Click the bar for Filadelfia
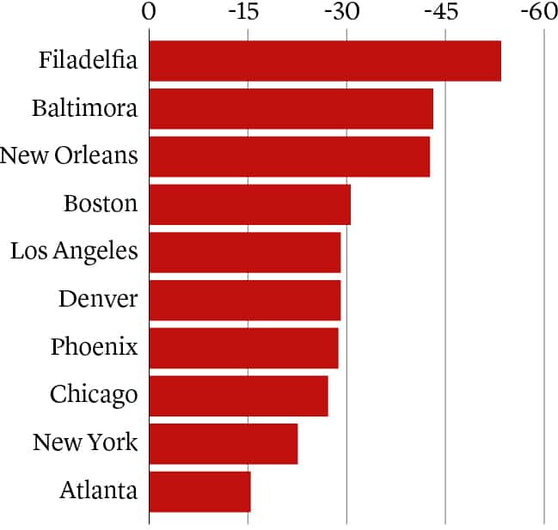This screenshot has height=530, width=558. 325,61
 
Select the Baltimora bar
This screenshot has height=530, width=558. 291,109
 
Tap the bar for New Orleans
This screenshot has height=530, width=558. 289,156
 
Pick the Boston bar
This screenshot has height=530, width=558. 249,204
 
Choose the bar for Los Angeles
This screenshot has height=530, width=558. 244,252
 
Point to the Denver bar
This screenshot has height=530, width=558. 244,300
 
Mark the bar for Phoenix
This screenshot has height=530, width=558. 243,347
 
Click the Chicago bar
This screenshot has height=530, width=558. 238,395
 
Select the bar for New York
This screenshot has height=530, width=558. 223,443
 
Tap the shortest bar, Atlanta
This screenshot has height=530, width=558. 199,490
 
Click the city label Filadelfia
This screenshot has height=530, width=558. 88,61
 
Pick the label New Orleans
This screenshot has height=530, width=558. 69,156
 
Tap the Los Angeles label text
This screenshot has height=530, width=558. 74,252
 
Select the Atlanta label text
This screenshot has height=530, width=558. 98,490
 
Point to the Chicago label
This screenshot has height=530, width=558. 94,395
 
